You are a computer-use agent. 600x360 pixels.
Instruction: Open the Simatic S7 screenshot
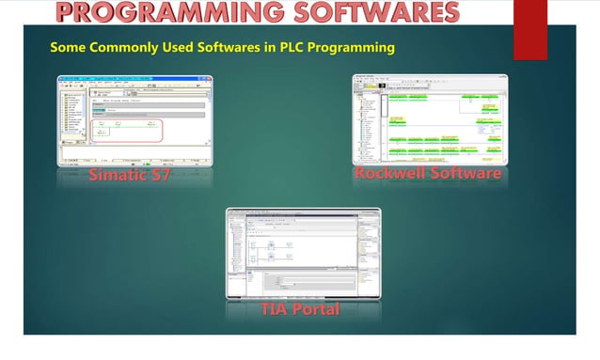(x=134, y=120)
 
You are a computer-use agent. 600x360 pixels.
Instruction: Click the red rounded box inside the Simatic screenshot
(x=127, y=131)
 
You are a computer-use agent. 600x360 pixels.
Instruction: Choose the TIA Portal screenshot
(x=303, y=253)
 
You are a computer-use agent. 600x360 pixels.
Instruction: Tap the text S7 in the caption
(x=160, y=177)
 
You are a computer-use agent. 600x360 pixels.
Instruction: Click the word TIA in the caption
(x=274, y=309)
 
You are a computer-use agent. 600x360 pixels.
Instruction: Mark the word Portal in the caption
(x=316, y=309)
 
